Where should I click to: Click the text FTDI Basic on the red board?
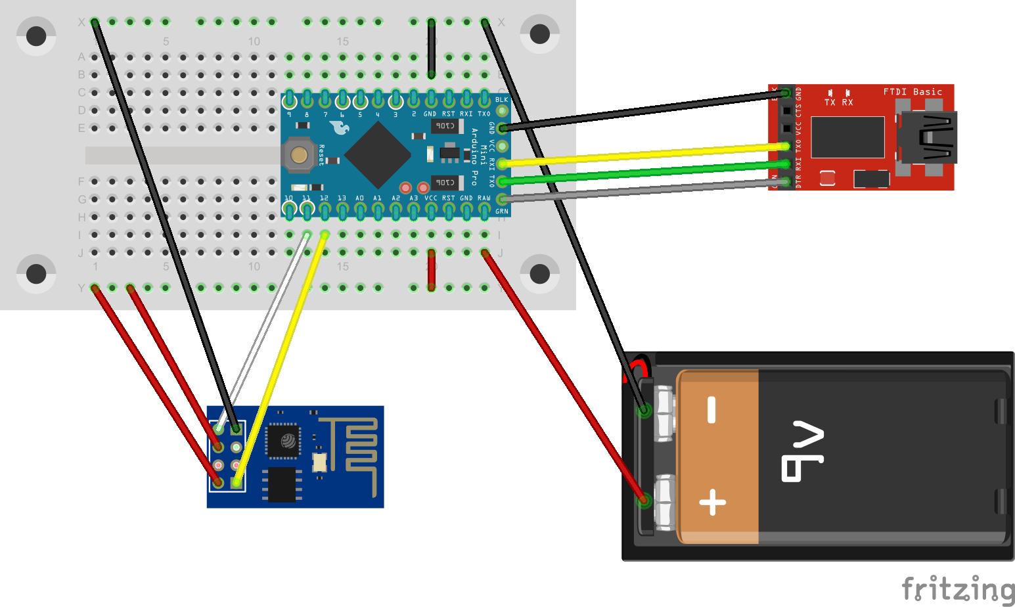pos(913,92)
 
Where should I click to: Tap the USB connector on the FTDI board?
pos(928,137)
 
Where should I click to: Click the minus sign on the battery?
pos(711,410)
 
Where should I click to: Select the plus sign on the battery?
pos(712,504)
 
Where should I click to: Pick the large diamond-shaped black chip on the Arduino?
pos(378,154)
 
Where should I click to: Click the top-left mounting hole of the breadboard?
pos(36,35)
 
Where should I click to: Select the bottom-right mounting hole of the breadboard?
pos(539,273)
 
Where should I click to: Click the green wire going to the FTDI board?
pos(644,172)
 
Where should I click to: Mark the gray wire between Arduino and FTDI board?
pos(644,191)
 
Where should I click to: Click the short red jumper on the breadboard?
pos(431,269)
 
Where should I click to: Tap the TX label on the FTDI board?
pos(830,102)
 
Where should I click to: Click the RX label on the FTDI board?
pos(847,102)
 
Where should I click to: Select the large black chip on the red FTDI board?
pos(847,137)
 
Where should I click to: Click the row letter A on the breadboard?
pos(81,57)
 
